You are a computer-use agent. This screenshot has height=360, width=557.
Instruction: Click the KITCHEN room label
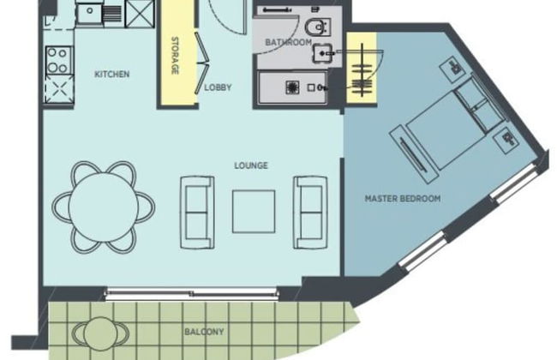pyautogui.click(x=112, y=75)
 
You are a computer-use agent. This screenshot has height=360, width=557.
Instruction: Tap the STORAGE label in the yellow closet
pyautogui.click(x=175, y=56)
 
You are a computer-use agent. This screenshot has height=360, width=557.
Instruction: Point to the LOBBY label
pyautogui.click(x=218, y=87)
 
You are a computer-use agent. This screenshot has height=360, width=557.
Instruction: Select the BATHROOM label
pyautogui.click(x=289, y=42)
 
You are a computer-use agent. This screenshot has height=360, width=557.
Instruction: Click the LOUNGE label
pyautogui.click(x=251, y=165)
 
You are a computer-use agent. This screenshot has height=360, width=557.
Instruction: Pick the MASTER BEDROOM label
pyautogui.click(x=403, y=198)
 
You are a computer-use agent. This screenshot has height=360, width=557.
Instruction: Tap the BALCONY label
pyautogui.click(x=204, y=332)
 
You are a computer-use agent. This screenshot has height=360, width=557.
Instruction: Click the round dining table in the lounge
pyautogui.click(x=104, y=207)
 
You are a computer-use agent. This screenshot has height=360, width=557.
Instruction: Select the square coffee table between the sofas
pyautogui.click(x=254, y=212)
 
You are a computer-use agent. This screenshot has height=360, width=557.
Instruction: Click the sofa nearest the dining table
pyautogui.click(x=197, y=213)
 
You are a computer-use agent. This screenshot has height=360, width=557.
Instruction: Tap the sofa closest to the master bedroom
pyautogui.click(x=310, y=213)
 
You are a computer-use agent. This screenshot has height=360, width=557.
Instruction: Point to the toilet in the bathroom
pyautogui.click(x=318, y=27)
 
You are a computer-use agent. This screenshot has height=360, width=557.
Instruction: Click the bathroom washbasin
pyautogui.click(x=323, y=53)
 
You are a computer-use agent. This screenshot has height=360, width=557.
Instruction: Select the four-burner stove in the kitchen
pyautogui.click(x=58, y=60)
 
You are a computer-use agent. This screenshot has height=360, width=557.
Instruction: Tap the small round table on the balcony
pyautogui.click(x=101, y=333)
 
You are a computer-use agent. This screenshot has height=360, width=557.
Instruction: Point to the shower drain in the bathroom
pyautogui.click(x=292, y=87)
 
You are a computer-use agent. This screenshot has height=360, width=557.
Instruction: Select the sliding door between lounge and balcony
pyautogui.click(x=192, y=294)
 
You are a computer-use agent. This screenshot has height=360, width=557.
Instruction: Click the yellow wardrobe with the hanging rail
pyautogui.click(x=362, y=69)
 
